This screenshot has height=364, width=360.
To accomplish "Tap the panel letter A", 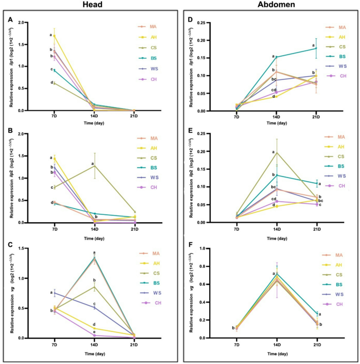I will pyautogui.click(x=10, y=20).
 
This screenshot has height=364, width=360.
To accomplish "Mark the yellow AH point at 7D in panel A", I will pyautogui.click(x=55, y=36).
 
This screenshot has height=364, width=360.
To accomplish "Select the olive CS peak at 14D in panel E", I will pyautogui.click(x=276, y=152).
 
